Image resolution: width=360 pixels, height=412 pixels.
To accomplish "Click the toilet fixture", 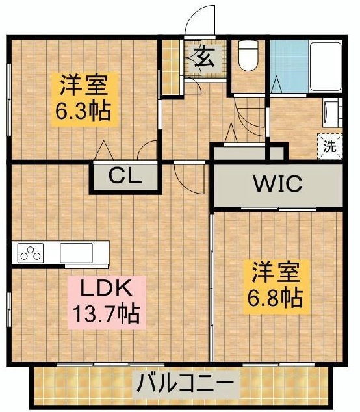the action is click(248, 55).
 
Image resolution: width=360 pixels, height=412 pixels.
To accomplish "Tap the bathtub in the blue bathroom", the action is click(326, 66).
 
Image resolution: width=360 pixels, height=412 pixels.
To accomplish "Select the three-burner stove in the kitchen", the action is click(31, 253).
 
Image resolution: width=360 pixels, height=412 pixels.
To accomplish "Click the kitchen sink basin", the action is click(76, 253).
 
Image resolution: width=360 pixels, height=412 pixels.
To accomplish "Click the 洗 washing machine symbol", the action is click(329, 146).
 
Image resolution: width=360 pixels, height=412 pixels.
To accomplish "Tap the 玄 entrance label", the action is click(205, 58).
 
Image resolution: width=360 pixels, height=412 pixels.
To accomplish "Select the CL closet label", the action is click(125, 176).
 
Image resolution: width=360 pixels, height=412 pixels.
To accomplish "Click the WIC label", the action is click(277, 184).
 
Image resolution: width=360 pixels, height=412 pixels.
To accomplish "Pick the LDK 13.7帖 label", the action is click(107, 302).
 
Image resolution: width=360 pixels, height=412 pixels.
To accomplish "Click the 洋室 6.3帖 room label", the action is click(84, 99).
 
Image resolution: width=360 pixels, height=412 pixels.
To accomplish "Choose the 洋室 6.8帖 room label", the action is click(276, 287).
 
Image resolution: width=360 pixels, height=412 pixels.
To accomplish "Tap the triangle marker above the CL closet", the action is click(104, 150).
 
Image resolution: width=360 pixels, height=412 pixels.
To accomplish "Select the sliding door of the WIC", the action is click(279, 209).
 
